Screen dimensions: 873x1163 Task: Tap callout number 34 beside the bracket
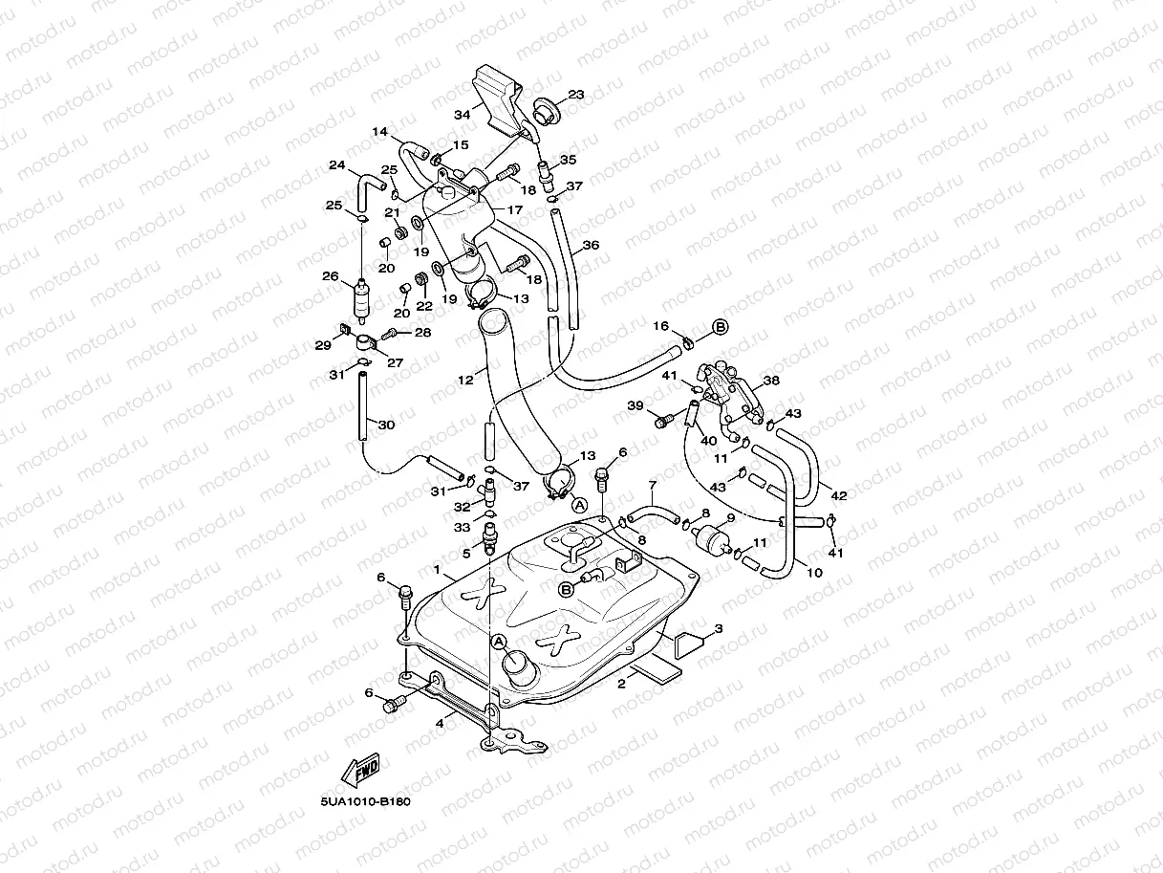(463, 115)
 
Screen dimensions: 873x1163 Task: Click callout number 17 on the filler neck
(514, 209)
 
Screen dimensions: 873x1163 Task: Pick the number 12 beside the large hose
(465, 380)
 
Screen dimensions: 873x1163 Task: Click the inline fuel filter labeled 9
(712, 538)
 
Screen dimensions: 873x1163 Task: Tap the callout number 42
(838, 495)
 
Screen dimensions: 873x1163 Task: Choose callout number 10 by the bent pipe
(814, 574)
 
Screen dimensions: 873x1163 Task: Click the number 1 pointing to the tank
(437, 570)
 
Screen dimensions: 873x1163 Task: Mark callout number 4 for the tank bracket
(440, 723)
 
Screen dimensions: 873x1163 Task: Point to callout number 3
(719, 628)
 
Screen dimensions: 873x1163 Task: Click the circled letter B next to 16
(720, 326)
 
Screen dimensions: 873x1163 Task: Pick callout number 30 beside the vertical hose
(385, 425)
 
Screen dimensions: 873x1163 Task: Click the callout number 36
(591, 245)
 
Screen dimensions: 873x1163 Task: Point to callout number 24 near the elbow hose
(336, 165)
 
